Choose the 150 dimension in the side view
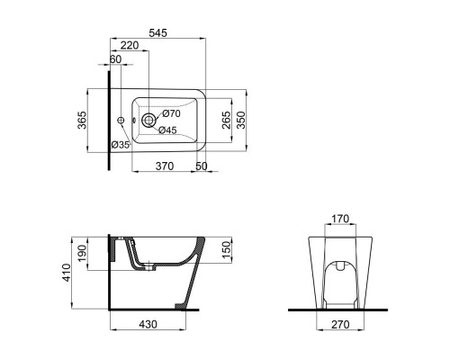(x=226, y=249)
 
